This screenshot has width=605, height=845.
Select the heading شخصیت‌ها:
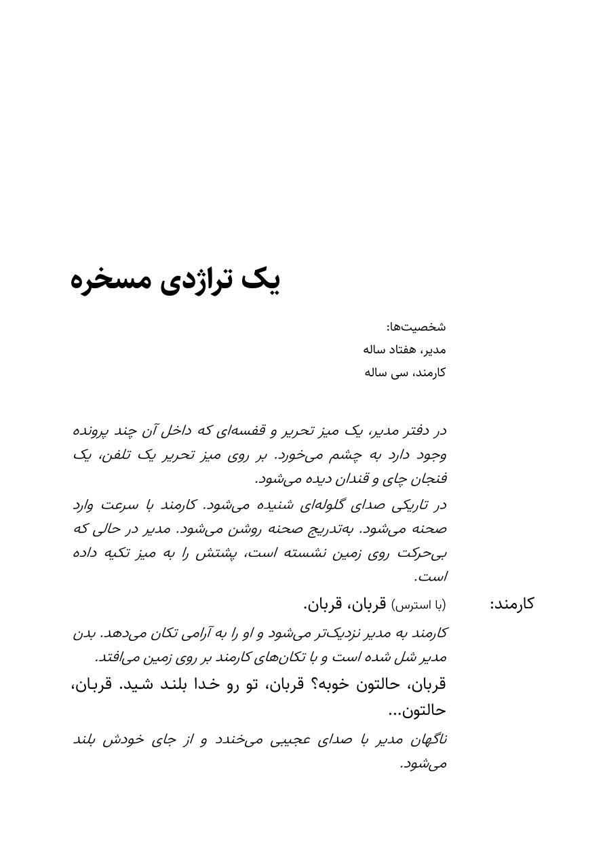click(416, 327)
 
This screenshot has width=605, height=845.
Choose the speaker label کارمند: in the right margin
click(512, 604)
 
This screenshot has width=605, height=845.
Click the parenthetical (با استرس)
click(419, 604)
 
